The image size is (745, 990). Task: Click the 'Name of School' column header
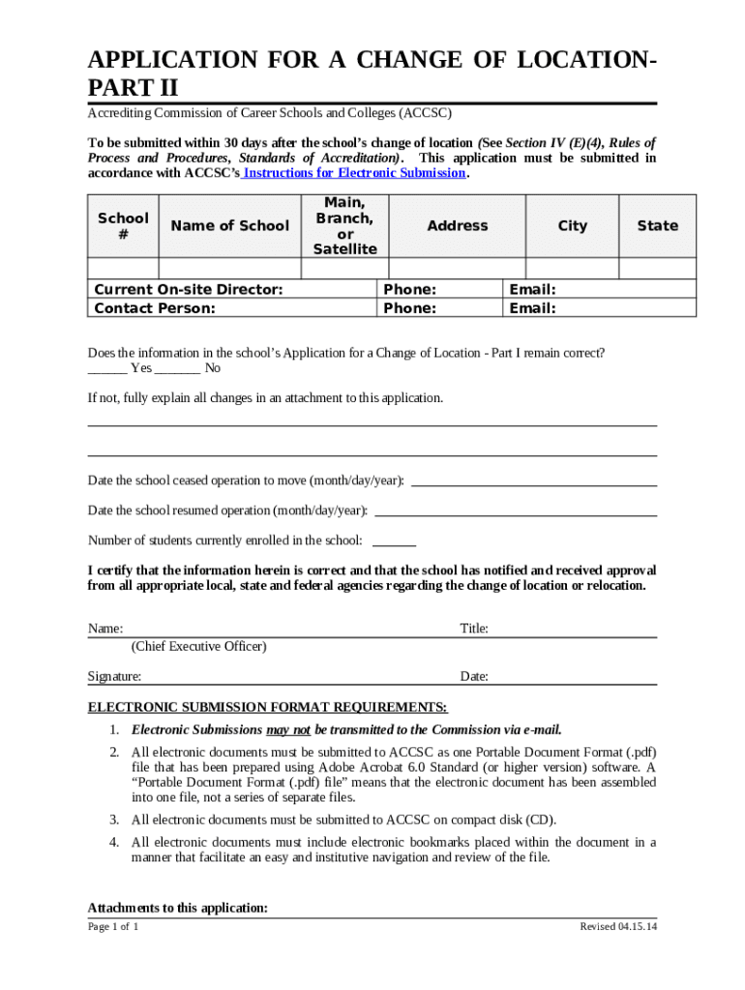click(229, 225)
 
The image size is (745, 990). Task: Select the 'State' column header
click(657, 225)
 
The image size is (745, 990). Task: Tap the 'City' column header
click(572, 225)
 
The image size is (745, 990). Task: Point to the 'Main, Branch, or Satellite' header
click(344, 225)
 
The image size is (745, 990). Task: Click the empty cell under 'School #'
click(123, 269)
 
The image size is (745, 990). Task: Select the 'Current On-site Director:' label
click(188, 289)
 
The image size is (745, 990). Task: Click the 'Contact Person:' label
click(154, 308)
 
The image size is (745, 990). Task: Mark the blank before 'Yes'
click(106, 368)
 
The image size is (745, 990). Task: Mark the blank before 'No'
click(177, 368)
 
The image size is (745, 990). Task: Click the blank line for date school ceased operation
click(534, 480)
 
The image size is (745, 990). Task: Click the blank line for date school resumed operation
click(516, 510)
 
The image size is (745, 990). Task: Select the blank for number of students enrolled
click(394, 541)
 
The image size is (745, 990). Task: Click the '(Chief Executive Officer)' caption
click(198, 646)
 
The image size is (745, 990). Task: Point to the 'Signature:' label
click(114, 677)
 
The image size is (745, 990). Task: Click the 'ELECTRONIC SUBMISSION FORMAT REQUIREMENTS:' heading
click(268, 707)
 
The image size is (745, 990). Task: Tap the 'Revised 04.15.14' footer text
click(617, 927)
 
